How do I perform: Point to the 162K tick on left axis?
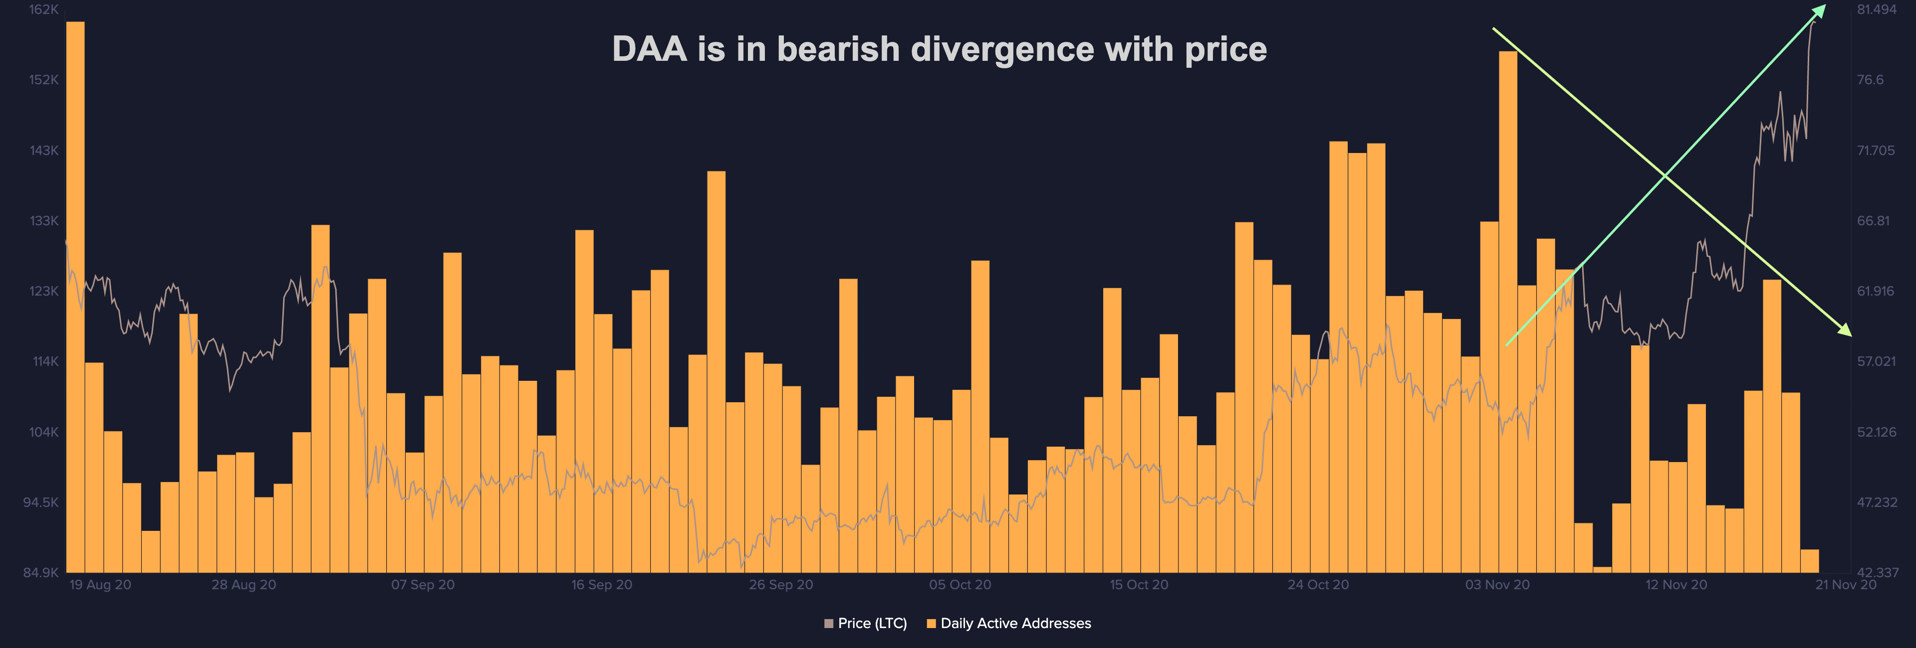[x=44, y=9]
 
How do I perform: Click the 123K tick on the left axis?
[x=44, y=291]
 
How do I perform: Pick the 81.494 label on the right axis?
[x=1876, y=9]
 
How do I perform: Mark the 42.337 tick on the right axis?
[x=1877, y=573]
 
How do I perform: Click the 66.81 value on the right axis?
[x=1873, y=221]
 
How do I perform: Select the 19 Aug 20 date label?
[x=100, y=585]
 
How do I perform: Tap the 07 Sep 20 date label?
[x=423, y=585]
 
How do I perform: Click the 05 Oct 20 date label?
[x=959, y=585]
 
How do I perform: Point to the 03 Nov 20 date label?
[x=1497, y=585]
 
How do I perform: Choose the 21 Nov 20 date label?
[x=1845, y=585]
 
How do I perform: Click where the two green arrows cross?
[x=1665, y=174]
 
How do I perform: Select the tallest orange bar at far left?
[x=75, y=297]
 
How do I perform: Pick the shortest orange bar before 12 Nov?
[x=1602, y=570]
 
